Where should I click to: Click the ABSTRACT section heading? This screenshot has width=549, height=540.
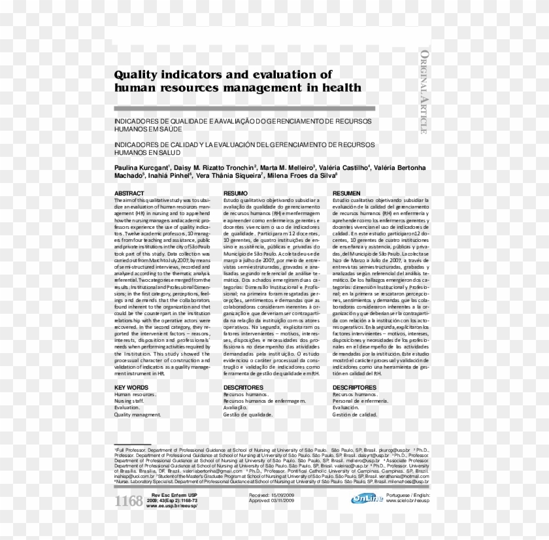[129, 194]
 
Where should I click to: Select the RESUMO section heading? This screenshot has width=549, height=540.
[235, 194]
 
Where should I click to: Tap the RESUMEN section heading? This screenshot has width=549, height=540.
[346, 194]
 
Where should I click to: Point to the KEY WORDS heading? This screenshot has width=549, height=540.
[131, 388]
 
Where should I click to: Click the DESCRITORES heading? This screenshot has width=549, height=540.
[243, 388]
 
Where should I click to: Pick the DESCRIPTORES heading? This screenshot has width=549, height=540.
[354, 388]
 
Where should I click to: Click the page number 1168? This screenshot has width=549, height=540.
[129, 501]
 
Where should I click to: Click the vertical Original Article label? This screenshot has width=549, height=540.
[424, 92]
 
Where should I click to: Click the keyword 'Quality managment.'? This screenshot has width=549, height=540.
[137, 414]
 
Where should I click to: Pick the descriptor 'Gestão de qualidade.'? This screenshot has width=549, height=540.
[248, 414]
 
